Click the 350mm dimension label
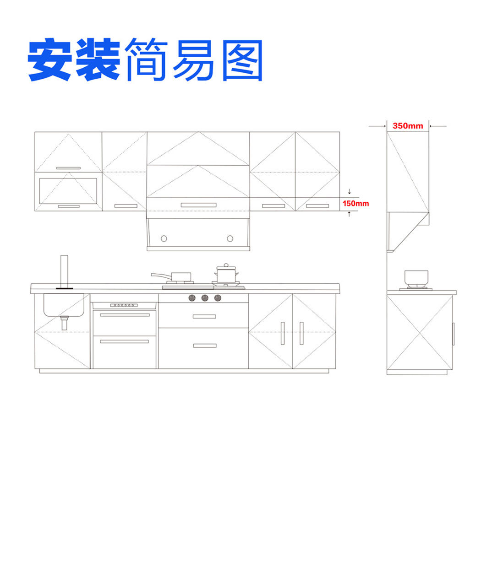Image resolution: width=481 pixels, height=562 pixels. (x=408, y=126)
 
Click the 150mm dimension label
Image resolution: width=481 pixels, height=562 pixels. (x=355, y=203)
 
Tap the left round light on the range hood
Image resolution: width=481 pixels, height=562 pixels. (x=164, y=238)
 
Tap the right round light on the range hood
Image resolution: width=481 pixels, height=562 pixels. (x=230, y=238)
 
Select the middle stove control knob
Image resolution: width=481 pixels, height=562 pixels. (x=205, y=298)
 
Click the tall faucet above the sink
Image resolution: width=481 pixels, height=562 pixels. (x=64, y=272)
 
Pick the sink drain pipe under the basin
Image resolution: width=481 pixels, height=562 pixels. (x=64, y=323)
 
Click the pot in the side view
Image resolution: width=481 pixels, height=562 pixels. (x=416, y=277)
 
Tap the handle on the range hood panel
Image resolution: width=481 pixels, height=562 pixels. (x=198, y=205)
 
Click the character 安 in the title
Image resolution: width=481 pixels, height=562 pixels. (x=50, y=59)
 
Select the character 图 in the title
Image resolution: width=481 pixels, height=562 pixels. (x=242, y=60)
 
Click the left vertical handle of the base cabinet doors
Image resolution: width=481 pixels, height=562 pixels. (x=283, y=333)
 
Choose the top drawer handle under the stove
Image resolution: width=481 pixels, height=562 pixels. (x=204, y=317)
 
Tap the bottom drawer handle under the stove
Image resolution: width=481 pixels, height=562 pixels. (x=205, y=346)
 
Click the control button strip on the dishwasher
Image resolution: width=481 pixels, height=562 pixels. (x=124, y=305)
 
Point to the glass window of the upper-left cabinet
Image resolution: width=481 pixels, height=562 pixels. (x=68, y=191)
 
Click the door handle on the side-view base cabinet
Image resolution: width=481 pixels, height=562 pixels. (x=453, y=334)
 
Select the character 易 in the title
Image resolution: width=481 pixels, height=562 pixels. (x=194, y=60)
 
